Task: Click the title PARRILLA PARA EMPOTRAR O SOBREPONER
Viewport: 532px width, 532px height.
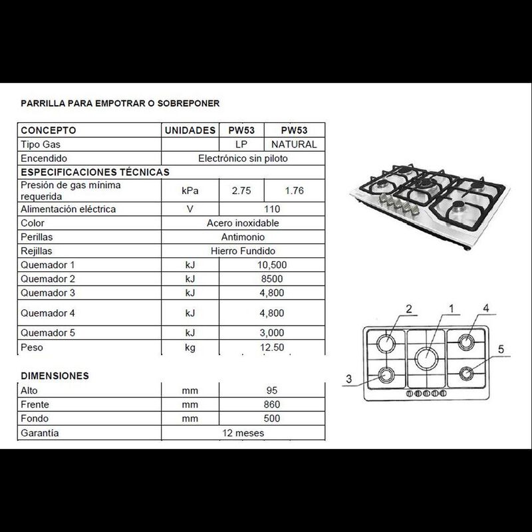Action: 120,103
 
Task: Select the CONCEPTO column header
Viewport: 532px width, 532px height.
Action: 49,130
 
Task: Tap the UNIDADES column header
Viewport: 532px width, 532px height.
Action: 190,130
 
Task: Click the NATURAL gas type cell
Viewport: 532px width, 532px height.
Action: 293,144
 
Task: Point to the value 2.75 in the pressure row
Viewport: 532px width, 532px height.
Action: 241,191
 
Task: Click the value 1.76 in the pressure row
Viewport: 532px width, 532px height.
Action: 293,191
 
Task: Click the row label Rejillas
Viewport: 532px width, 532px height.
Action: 37,251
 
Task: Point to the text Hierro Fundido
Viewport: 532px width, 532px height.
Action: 243,251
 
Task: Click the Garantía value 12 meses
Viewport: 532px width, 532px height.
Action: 243,433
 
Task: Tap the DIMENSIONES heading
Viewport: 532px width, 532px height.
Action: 54,376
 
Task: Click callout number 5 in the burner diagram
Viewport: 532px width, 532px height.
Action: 501,349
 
